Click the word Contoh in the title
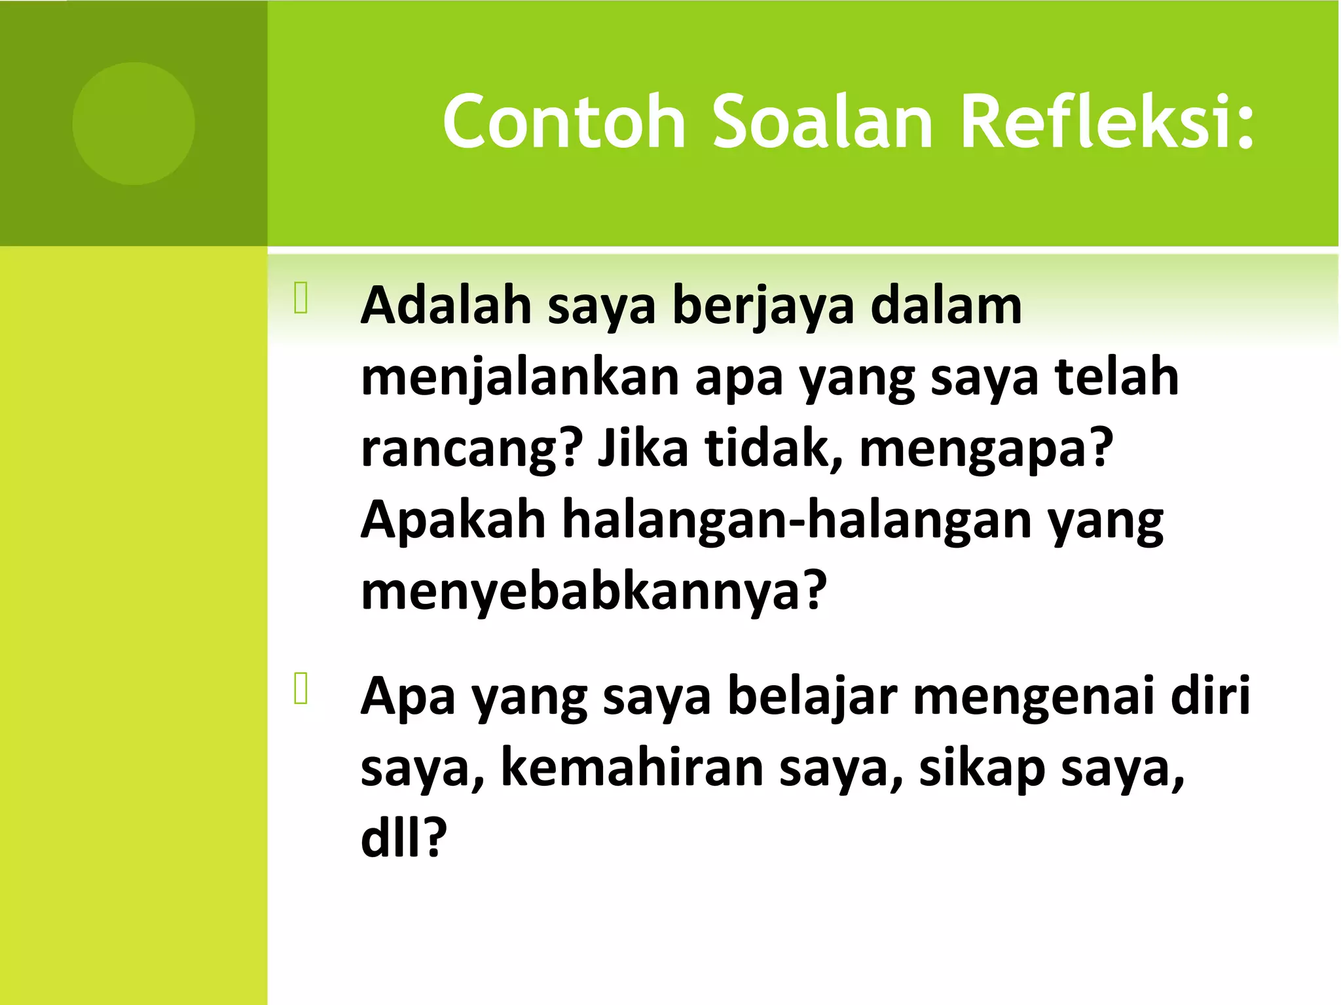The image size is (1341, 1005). coord(564,122)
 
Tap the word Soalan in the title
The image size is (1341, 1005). coord(822,122)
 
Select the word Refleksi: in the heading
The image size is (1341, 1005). coord(1107,122)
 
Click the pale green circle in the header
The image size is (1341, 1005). coord(134,124)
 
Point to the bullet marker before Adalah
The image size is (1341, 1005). coord(301,298)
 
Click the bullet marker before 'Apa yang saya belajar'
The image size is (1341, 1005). coord(301,688)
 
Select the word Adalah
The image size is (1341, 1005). coord(446,306)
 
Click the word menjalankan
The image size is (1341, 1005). coord(520,378)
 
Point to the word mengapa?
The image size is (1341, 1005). coord(986,450)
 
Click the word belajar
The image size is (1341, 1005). coord(812,697)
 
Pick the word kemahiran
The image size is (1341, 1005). coord(633,767)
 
